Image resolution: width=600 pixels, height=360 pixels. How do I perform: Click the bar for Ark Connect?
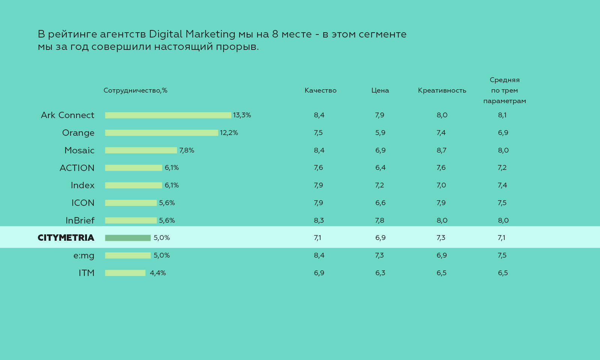point(168,115)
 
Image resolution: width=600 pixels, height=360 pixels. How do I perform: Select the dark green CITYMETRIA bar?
point(128,238)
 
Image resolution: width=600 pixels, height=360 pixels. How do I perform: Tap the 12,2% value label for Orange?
point(229,133)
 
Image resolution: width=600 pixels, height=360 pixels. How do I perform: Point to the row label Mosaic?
point(79,150)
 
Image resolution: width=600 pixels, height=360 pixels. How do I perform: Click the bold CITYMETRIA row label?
point(66,238)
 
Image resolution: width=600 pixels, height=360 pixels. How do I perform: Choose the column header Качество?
point(320,90)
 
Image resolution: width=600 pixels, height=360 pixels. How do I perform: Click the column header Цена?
point(380,90)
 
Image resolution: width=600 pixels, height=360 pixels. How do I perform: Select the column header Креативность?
point(442,90)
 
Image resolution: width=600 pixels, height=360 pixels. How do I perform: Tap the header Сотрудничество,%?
point(135,90)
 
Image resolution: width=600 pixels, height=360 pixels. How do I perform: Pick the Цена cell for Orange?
point(380,133)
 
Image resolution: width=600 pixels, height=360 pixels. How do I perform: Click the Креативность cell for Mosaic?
point(441,150)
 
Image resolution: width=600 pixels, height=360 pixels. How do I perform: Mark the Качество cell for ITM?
point(319,273)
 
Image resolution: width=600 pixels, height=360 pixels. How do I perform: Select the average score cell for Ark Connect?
point(502,115)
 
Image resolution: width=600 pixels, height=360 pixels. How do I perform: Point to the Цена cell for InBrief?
point(379,220)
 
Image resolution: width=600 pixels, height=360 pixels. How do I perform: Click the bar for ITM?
point(125,273)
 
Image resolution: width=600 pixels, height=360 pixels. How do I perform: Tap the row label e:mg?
point(84,255)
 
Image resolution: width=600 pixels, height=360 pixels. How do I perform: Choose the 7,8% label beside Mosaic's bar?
point(186,150)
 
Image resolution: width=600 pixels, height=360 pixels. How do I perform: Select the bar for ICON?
point(131,203)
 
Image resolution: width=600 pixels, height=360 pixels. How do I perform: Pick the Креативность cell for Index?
point(441,185)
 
